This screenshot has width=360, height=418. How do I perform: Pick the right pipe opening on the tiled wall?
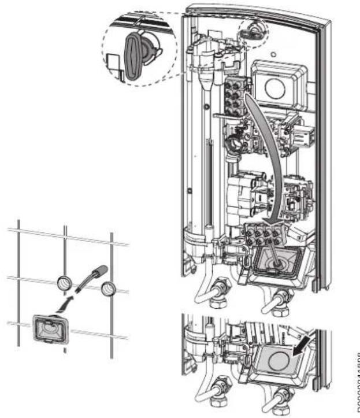[108, 288]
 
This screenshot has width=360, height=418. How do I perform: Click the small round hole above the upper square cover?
[271, 57]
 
